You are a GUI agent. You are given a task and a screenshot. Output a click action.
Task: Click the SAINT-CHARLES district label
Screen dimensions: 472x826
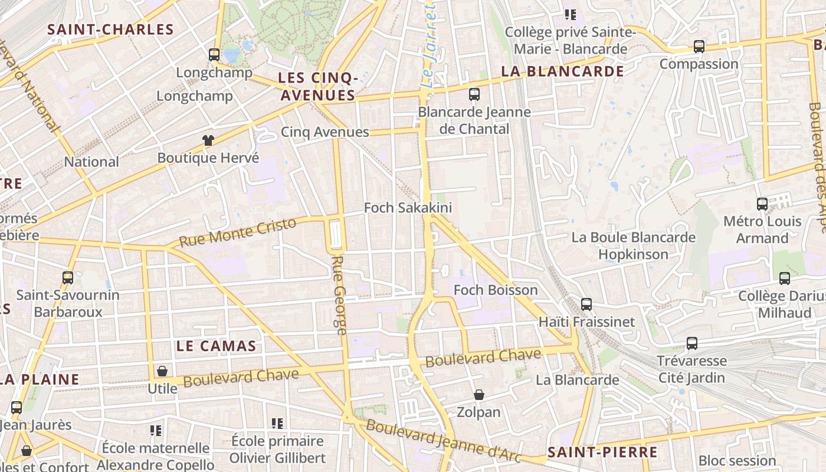(x=110, y=29)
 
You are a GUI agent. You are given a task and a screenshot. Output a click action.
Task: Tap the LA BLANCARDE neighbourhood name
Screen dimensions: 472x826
(x=562, y=71)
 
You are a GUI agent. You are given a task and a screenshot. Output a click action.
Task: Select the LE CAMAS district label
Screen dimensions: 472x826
(x=217, y=346)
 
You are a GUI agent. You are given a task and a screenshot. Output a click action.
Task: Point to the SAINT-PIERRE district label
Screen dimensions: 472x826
(x=602, y=453)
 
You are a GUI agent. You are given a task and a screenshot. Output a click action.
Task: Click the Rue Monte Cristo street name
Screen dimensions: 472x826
(x=237, y=232)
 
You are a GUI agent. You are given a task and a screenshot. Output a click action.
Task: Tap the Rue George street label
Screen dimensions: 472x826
(x=339, y=295)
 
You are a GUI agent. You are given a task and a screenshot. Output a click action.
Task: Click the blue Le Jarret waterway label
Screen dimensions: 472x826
(x=429, y=45)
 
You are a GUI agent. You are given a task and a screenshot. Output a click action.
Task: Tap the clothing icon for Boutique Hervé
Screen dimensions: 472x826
(x=208, y=140)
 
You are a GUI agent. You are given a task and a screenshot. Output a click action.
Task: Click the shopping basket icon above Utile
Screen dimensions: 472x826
(x=162, y=371)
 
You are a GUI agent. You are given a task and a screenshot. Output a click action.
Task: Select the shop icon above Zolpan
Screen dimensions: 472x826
(x=479, y=394)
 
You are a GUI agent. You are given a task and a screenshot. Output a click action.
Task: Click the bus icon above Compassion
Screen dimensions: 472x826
(x=699, y=46)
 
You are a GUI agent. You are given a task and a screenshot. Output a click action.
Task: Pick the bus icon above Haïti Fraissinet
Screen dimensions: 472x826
(x=586, y=304)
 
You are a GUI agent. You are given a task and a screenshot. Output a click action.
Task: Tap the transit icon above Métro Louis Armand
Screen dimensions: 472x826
(x=762, y=204)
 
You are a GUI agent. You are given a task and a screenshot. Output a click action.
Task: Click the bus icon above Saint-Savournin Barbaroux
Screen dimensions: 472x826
(x=68, y=277)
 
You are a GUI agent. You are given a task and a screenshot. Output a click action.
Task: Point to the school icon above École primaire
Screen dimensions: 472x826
(x=277, y=423)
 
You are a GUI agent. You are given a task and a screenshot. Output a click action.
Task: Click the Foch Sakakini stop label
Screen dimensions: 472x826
(x=408, y=208)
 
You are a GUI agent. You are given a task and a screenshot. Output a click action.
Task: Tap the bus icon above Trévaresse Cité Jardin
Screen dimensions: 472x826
(x=691, y=343)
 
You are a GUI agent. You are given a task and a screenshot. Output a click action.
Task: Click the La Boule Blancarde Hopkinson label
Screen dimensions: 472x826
(x=633, y=246)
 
